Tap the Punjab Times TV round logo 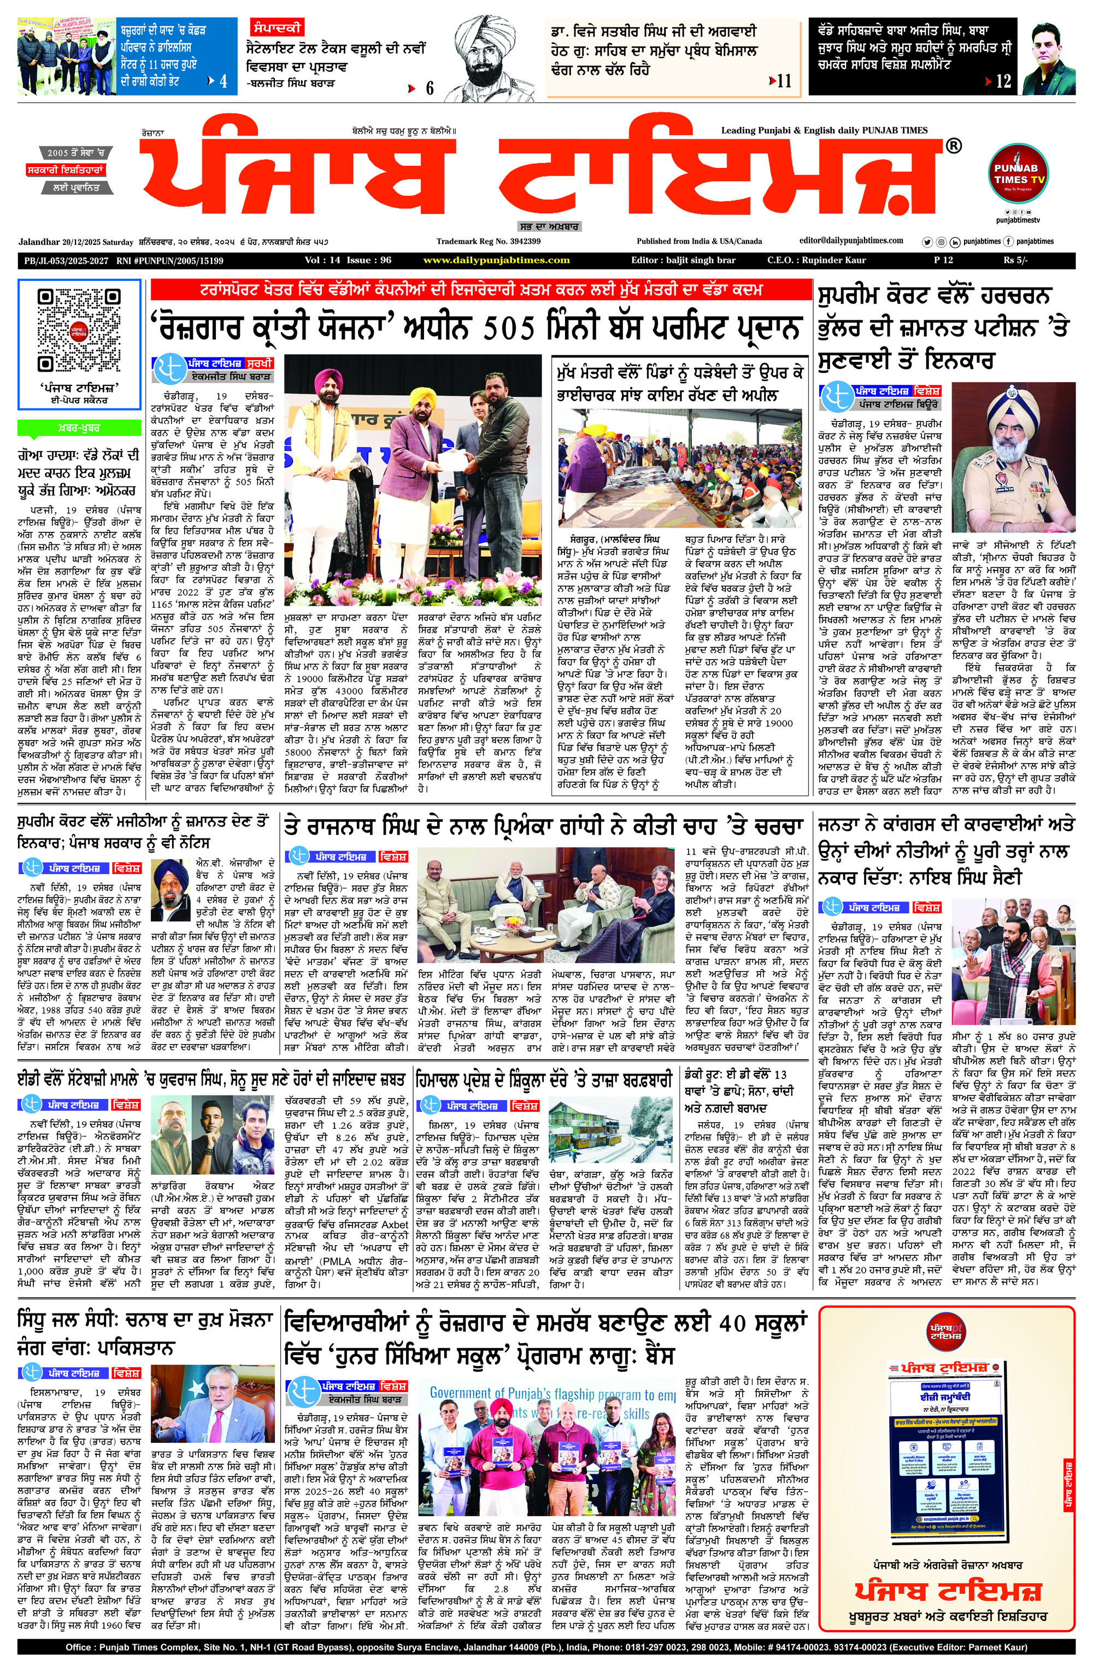(1019, 174)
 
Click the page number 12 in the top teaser (1003, 81)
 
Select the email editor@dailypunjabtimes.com (851, 241)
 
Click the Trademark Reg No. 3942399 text (488, 242)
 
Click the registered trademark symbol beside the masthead (953, 146)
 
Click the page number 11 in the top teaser (783, 81)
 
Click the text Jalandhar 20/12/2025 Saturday (76, 242)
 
